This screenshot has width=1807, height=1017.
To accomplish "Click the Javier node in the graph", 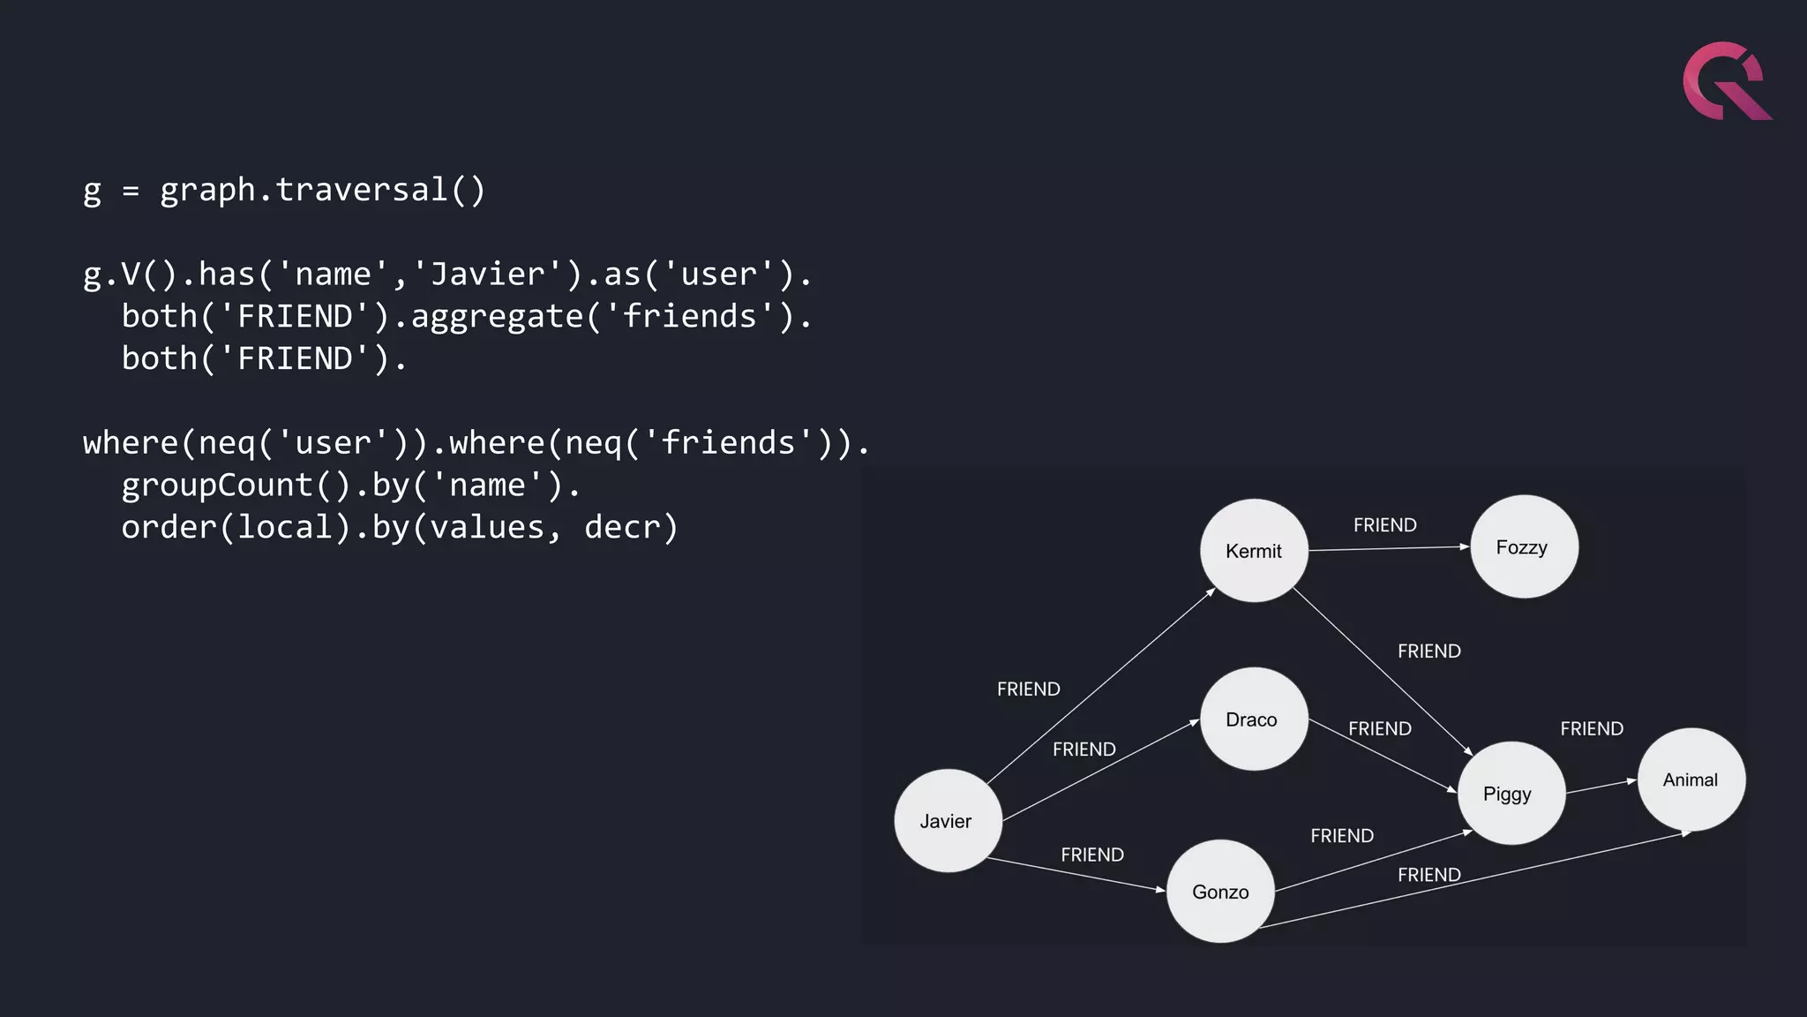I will tap(948, 820).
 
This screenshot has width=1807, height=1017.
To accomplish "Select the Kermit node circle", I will tap(1254, 551).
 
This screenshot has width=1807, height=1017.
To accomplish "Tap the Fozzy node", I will tap(1524, 546).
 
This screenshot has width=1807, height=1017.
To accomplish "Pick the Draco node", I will tap(1253, 719).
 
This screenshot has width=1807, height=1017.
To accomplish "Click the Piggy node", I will tap(1511, 793).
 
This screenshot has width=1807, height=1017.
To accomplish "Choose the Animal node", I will tap(1691, 779).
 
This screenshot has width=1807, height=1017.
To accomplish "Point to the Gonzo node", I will tap(1220, 891).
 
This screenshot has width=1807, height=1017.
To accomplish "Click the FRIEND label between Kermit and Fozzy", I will tap(1384, 525).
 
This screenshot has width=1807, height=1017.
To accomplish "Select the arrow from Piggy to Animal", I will tap(1601, 787).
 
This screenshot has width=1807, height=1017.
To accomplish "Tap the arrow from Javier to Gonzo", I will tap(1076, 874).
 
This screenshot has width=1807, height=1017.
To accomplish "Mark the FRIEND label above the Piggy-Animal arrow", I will tap(1591, 728).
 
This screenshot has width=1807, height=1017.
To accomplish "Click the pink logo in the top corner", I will tap(1726, 81).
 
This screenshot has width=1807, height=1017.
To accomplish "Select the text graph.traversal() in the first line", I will tap(322, 190).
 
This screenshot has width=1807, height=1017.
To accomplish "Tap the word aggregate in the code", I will tap(497, 316).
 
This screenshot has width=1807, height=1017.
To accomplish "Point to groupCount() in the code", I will tap(236, 485).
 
